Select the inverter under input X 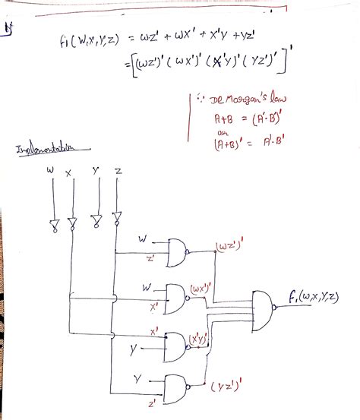(72, 223)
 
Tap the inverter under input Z (116, 221)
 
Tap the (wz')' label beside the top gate (226, 246)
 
